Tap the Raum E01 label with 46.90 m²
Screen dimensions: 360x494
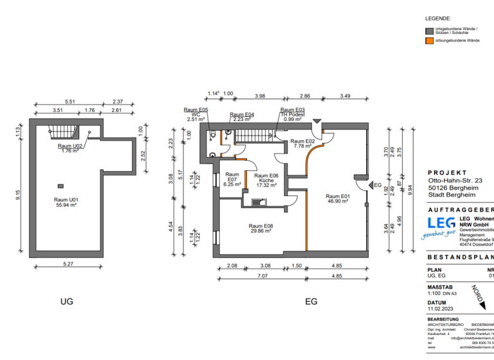point(336,199)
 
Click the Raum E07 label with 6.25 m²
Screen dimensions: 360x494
point(232,179)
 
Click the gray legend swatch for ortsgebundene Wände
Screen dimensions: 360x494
point(429,30)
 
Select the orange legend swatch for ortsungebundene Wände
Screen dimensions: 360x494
point(429,40)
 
